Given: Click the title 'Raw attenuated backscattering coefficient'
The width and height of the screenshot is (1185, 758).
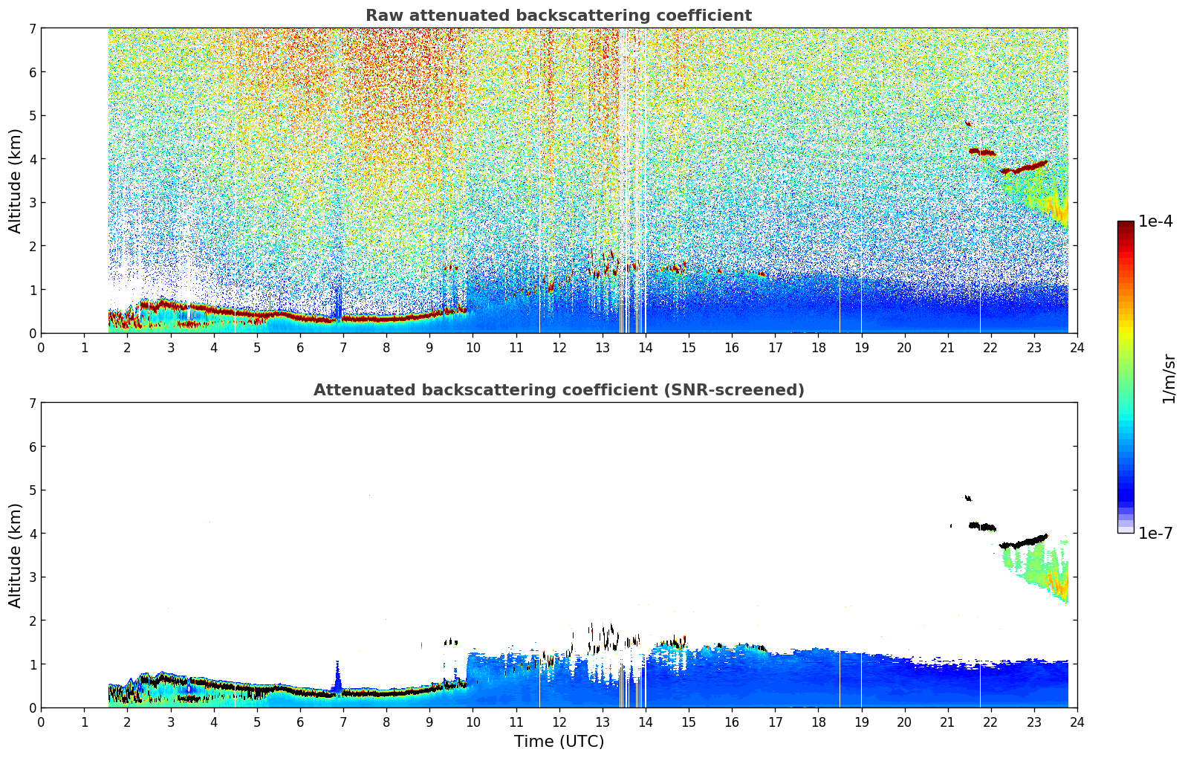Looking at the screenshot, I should [559, 16].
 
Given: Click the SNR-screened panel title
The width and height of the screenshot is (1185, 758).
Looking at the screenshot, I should [559, 390].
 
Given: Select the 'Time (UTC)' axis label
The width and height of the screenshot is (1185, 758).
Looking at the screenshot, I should [559, 741].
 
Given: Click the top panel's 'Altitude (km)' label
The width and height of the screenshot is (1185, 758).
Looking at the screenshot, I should [16, 181].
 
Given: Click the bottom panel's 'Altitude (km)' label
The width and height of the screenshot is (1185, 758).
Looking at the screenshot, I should [16, 555].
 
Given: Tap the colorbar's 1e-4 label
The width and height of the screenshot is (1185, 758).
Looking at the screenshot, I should [1155, 221].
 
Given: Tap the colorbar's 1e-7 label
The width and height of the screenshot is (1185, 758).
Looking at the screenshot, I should [1155, 533].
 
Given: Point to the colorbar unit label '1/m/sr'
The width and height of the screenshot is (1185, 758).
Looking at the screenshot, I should [1169, 378].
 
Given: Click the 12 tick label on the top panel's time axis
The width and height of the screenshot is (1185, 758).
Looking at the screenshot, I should [559, 347].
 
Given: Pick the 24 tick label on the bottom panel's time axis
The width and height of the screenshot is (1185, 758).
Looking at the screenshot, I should [1077, 722].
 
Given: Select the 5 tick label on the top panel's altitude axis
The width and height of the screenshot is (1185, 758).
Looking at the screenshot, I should [32, 115].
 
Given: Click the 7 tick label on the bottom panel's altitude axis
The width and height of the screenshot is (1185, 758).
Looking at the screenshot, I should [32, 403].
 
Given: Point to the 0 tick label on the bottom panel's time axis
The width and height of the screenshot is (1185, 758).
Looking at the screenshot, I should [41, 722].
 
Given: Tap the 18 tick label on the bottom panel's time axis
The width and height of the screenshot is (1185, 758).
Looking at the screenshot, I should [818, 722].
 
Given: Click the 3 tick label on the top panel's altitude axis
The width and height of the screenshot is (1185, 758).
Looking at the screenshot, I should [32, 202].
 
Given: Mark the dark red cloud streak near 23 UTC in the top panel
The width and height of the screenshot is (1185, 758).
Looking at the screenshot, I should [1025, 167].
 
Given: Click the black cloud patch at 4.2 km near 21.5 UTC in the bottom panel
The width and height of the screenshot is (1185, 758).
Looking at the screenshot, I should [983, 526].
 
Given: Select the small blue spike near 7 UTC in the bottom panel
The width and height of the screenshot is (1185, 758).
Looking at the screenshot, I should [337, 680].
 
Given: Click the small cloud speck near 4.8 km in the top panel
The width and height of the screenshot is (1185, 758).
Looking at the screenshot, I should [968, 123].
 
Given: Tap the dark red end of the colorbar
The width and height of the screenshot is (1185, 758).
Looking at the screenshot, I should [1126, 226].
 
